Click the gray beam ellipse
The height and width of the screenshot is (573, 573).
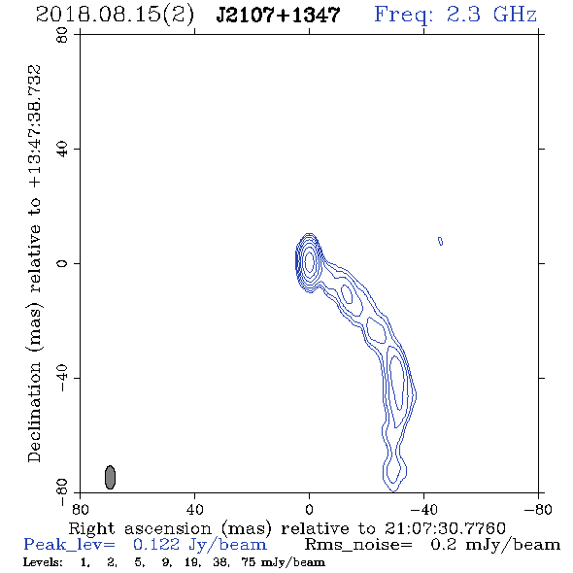pos(110,477)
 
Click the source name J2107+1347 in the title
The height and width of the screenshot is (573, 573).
pos(278,15)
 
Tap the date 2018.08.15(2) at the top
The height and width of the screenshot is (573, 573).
pos(115,15)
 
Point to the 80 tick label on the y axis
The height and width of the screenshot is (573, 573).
pos(62,35)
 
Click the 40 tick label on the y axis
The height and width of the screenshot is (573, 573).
pos(62,150)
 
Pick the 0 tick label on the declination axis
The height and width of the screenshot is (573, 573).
pos(62,263)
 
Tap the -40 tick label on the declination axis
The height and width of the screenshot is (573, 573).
pos(62,378)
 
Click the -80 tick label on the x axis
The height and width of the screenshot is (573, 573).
pos(538,510)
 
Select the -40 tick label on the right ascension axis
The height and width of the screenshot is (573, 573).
pos(423,510)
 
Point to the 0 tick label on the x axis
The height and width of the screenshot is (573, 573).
pos(309,510)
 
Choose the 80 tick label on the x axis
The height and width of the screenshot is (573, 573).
pos(80,510)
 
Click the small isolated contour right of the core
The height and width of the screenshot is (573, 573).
pos(440,241)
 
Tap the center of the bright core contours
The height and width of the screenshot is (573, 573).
pos(310,261)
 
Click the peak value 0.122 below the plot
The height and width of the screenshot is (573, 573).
pos(156,545)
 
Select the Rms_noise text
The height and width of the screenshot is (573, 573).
pos(358,545)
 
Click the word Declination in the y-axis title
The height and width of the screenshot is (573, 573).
pos(34,412)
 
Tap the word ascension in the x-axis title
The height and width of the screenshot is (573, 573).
pos(168,528)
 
